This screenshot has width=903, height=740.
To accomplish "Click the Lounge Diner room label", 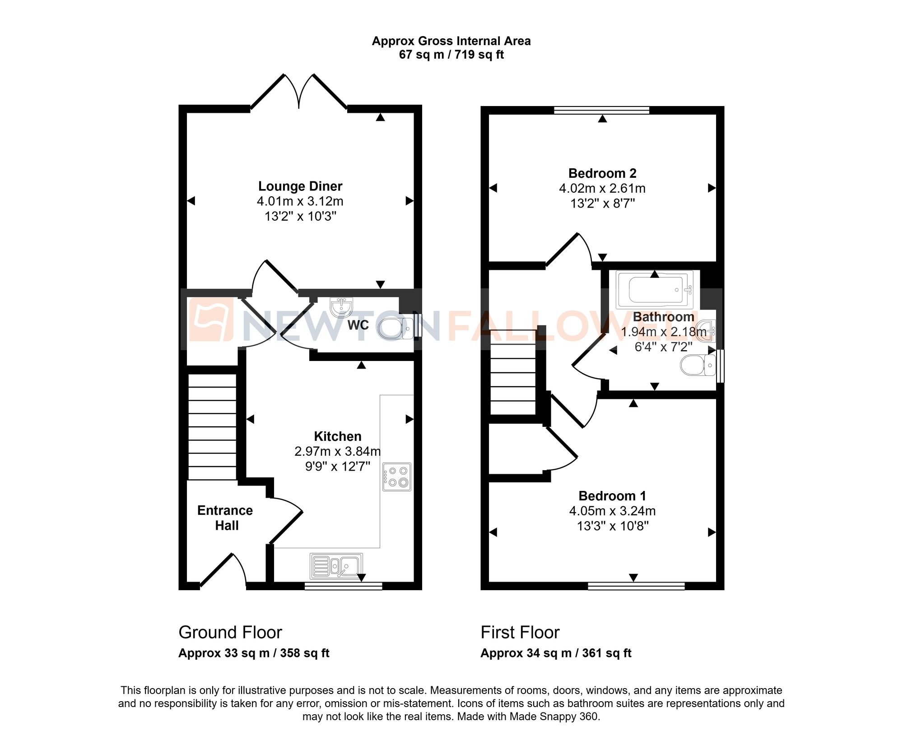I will tap(300, 186).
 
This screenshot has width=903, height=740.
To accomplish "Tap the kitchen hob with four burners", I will tap(397, 476).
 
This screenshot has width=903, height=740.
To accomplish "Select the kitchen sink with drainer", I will tap(336, 566).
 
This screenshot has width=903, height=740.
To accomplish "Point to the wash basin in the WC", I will tap(341, 307).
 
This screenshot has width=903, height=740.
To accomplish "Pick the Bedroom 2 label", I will tap(602, 173).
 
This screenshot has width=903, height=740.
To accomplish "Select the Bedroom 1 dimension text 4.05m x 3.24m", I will tap(612, 511).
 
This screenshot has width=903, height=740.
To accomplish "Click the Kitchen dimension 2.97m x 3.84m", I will tap(337, 451).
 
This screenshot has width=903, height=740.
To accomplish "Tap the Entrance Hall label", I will tap(225, 518).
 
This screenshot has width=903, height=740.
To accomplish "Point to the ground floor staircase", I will tap(212, 426).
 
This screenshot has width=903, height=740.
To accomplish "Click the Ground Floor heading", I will tap(230, 632).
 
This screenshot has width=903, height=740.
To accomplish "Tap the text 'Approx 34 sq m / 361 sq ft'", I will tap(556, 653).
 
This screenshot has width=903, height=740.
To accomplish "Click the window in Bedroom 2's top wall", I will tap(601, 110).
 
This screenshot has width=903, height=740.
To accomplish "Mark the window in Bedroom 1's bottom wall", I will tap(636, 586).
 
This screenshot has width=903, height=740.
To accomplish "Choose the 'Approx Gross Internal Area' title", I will tap(451, 41).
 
